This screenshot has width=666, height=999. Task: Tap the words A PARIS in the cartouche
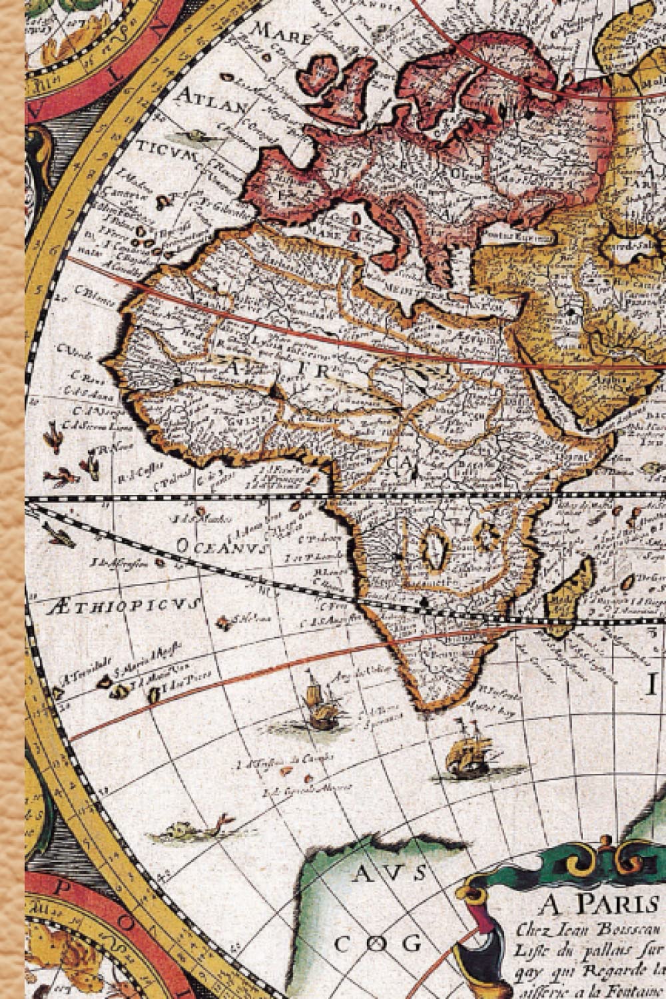(599, 905)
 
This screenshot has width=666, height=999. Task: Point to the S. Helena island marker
(224, 623)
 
